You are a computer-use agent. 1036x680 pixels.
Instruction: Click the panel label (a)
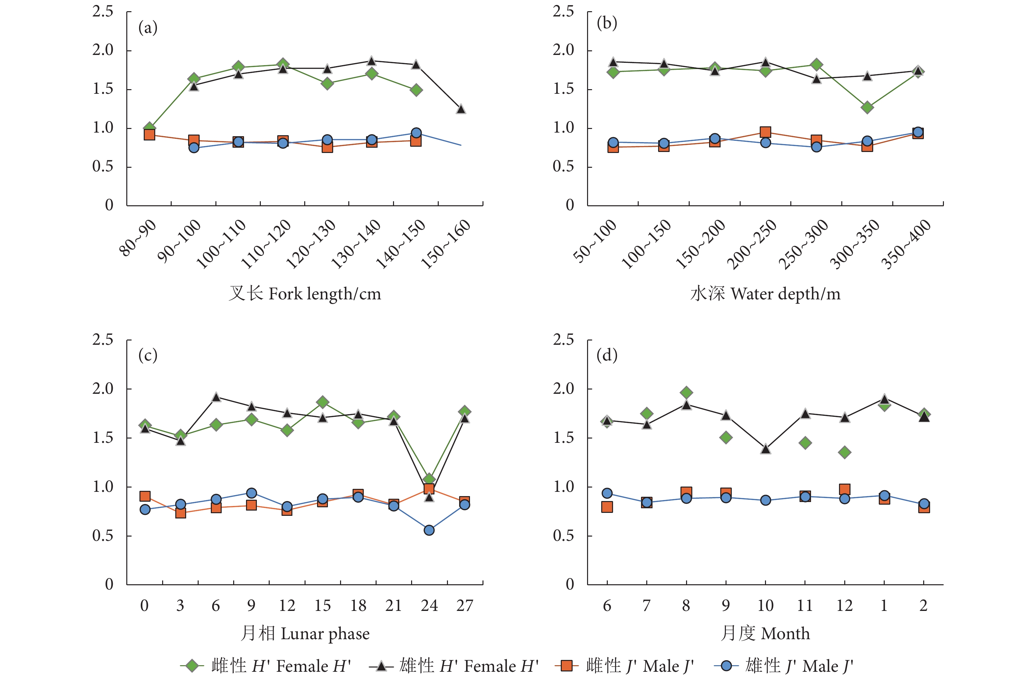coord(148,28)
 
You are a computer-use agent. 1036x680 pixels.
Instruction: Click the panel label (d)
coord(607,356)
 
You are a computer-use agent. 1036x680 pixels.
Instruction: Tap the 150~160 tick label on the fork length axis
coord(445,243)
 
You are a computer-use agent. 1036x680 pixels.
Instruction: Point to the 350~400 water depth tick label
coord(905,244)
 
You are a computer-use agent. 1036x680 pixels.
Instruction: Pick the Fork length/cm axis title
coord(305,294)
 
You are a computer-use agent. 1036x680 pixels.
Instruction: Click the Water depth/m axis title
coord(765,294)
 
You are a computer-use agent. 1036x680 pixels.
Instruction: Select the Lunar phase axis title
coord(305,633)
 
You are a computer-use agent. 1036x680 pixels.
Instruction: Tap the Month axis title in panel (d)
coord(765,633)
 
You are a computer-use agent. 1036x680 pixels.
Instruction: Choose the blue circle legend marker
coord(726,666)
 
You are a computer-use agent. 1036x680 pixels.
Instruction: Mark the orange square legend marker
coord(566,666)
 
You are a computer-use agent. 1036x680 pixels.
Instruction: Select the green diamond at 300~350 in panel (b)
coord(867,107)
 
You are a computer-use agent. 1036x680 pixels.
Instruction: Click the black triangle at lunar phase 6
coord(216,397)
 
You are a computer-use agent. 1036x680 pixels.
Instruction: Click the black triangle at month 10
coord(766,449)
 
